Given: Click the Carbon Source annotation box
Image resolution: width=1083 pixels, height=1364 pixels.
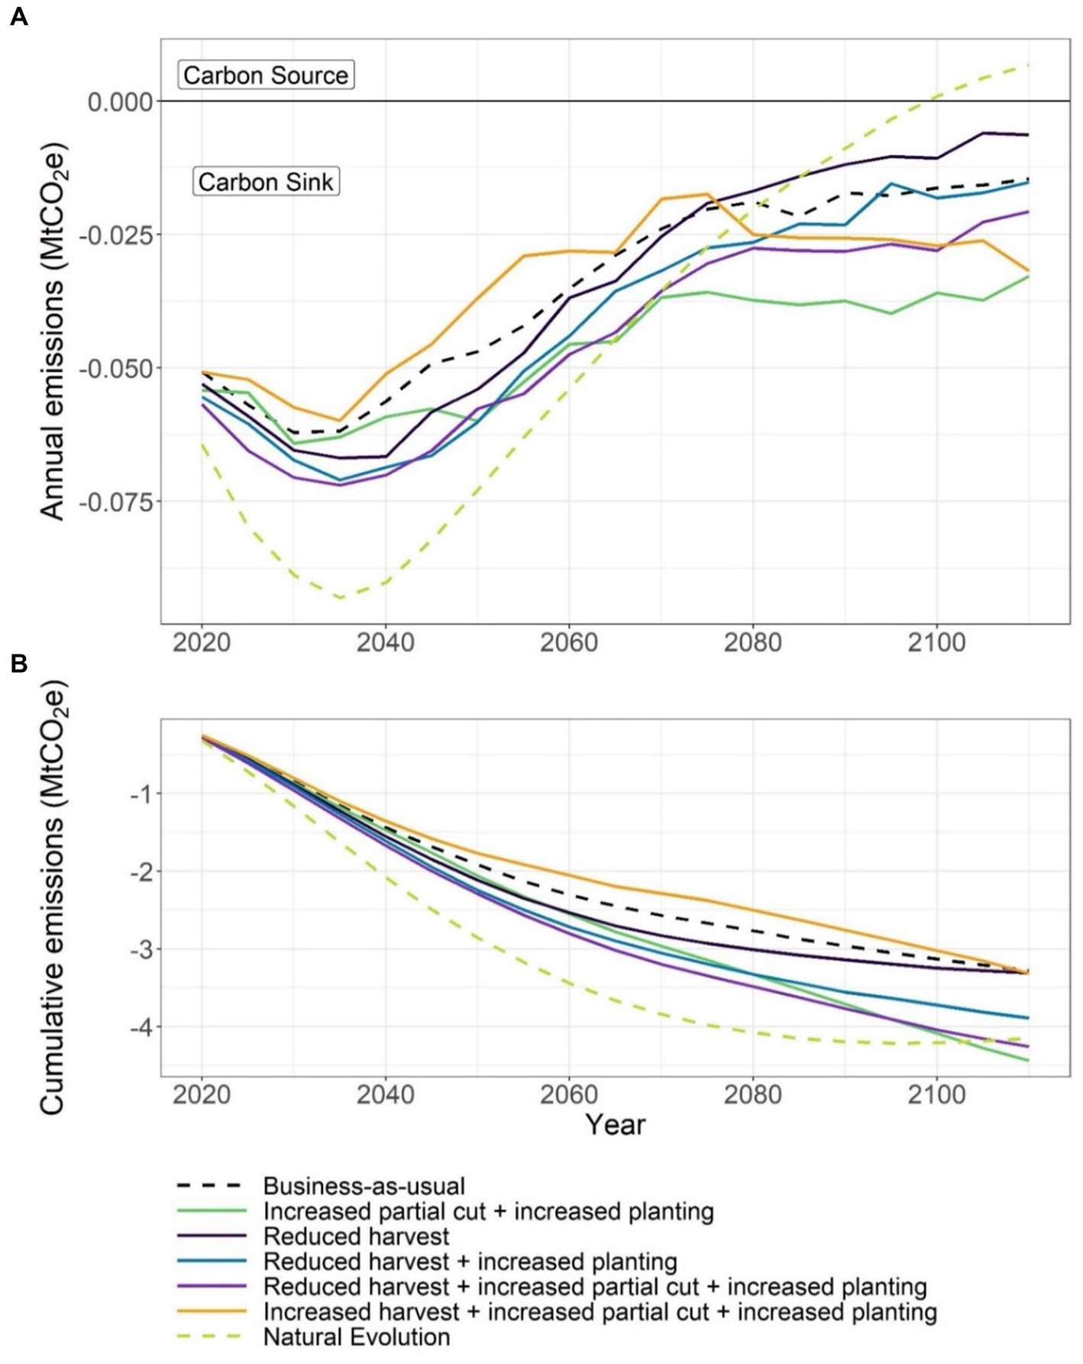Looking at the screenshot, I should (266, 75).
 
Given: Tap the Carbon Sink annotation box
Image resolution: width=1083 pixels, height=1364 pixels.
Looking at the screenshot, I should (266, 182).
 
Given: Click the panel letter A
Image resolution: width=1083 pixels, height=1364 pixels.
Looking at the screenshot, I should (18, 16).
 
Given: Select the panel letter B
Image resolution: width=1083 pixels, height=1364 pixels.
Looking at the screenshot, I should (18, 664).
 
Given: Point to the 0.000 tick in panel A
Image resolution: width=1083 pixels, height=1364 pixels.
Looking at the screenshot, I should (120, 102).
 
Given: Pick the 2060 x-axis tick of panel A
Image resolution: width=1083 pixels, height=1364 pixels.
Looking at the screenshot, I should (568, 642).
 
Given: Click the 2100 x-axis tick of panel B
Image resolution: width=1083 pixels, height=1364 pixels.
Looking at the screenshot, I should (936, 1094).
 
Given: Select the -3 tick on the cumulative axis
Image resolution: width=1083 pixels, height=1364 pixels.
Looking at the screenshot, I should (141, 950).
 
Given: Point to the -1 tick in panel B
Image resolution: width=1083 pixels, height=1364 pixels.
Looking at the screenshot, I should (141, 794).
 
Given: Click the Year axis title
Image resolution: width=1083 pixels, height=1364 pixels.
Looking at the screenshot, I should (615, 1125).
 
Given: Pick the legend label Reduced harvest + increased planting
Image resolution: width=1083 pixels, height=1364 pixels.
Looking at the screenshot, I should (470, 1262).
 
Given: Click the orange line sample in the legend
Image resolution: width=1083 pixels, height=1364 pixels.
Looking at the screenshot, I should (211, 1312).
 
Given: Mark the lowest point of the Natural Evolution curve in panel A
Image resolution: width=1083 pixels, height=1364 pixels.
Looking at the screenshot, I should (341, 597).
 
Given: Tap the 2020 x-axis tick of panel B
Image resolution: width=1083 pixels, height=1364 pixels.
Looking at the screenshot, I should (202, 1094).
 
